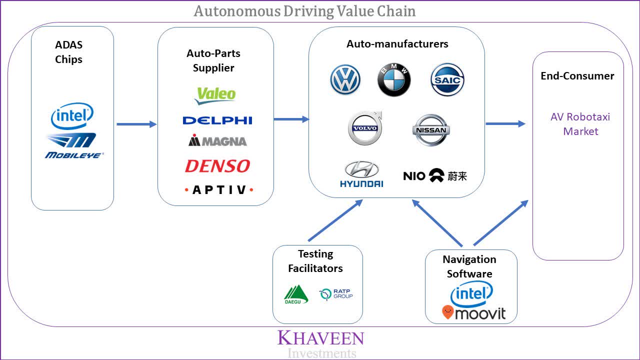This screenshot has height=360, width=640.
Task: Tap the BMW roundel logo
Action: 394,80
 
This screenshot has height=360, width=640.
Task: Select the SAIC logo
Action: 447,80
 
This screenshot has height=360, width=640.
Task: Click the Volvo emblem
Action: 364,128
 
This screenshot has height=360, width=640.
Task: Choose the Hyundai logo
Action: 361,174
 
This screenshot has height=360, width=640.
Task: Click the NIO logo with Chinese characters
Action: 434,175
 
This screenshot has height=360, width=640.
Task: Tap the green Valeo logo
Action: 215,95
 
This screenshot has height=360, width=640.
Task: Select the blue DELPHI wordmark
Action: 217,120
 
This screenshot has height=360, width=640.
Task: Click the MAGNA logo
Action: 217,141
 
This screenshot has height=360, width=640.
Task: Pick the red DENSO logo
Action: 217,166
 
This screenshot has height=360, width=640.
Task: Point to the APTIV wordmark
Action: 219,190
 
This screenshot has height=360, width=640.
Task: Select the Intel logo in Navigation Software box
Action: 471,294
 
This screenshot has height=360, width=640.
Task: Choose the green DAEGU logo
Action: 296,294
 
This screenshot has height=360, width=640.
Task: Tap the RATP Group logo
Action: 336,294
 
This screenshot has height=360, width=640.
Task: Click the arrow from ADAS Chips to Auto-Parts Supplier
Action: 136,124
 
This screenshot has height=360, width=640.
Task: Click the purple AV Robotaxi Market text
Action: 580,124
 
